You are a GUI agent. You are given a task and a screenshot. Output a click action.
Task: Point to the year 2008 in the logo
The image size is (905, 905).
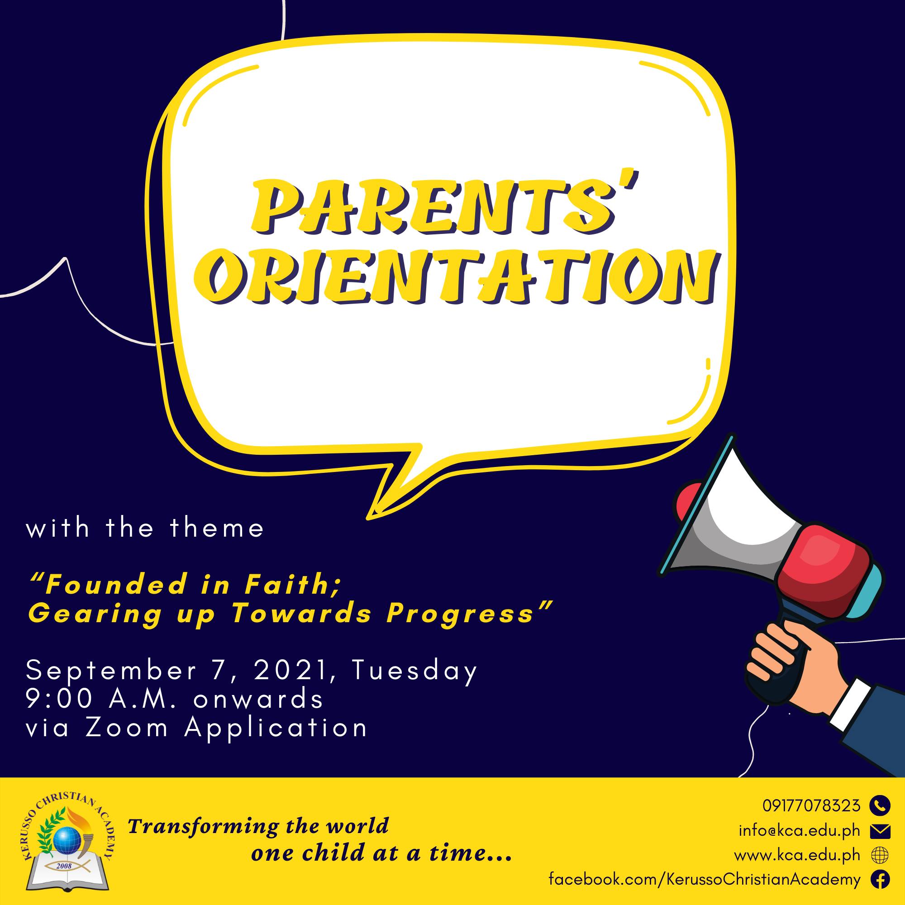(x=64, y=866)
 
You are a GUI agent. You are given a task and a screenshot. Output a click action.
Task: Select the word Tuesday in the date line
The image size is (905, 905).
(x=414, y=670)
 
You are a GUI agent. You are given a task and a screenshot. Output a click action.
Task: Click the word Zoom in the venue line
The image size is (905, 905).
(x=127, y=728)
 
